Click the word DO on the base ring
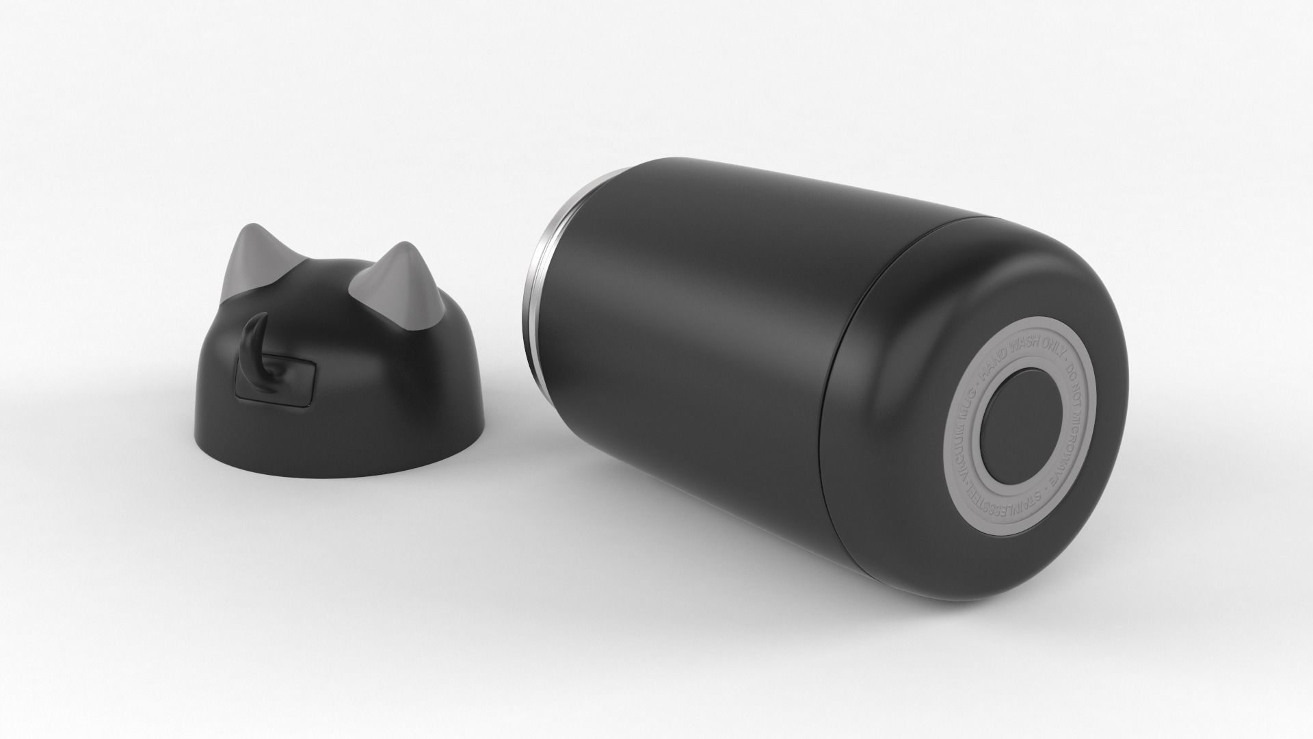pos(1071,372)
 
